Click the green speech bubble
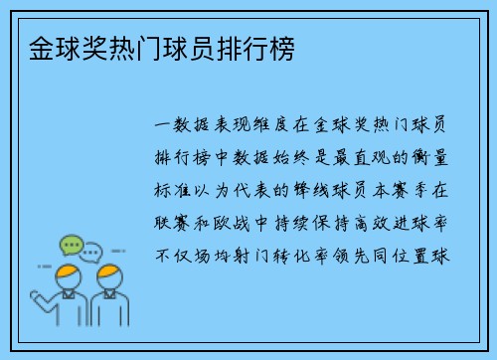tap(70, 244)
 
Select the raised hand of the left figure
tap(38, 295)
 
